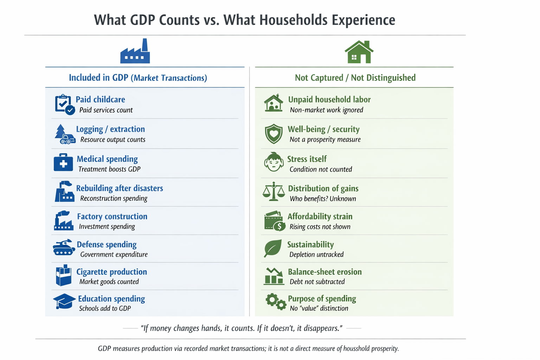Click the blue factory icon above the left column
click(x=135, y=52)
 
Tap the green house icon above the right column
click(x=359, y=52)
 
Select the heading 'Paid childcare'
click(x=100, y=99)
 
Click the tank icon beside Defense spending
click(x=64, y=247)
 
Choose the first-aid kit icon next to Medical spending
click(x=63, y=163)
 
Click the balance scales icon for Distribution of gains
click(x=274, y=192)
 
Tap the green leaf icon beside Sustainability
click(x=273, y=248)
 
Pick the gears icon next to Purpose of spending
click(x=275, y=302)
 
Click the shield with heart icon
click(x=274, y=134)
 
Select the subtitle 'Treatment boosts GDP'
click(x=109, y=169)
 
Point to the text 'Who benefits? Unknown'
click(x=323, y=199)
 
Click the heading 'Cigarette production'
click(x=111, y=272)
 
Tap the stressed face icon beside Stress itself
click(x=274, y=162)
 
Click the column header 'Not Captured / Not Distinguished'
click(x=355, y=78)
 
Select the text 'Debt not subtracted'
click(x=317, y=282)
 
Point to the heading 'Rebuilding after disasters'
click(x=120, y=188)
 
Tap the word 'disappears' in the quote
click(x=321, y=328)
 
